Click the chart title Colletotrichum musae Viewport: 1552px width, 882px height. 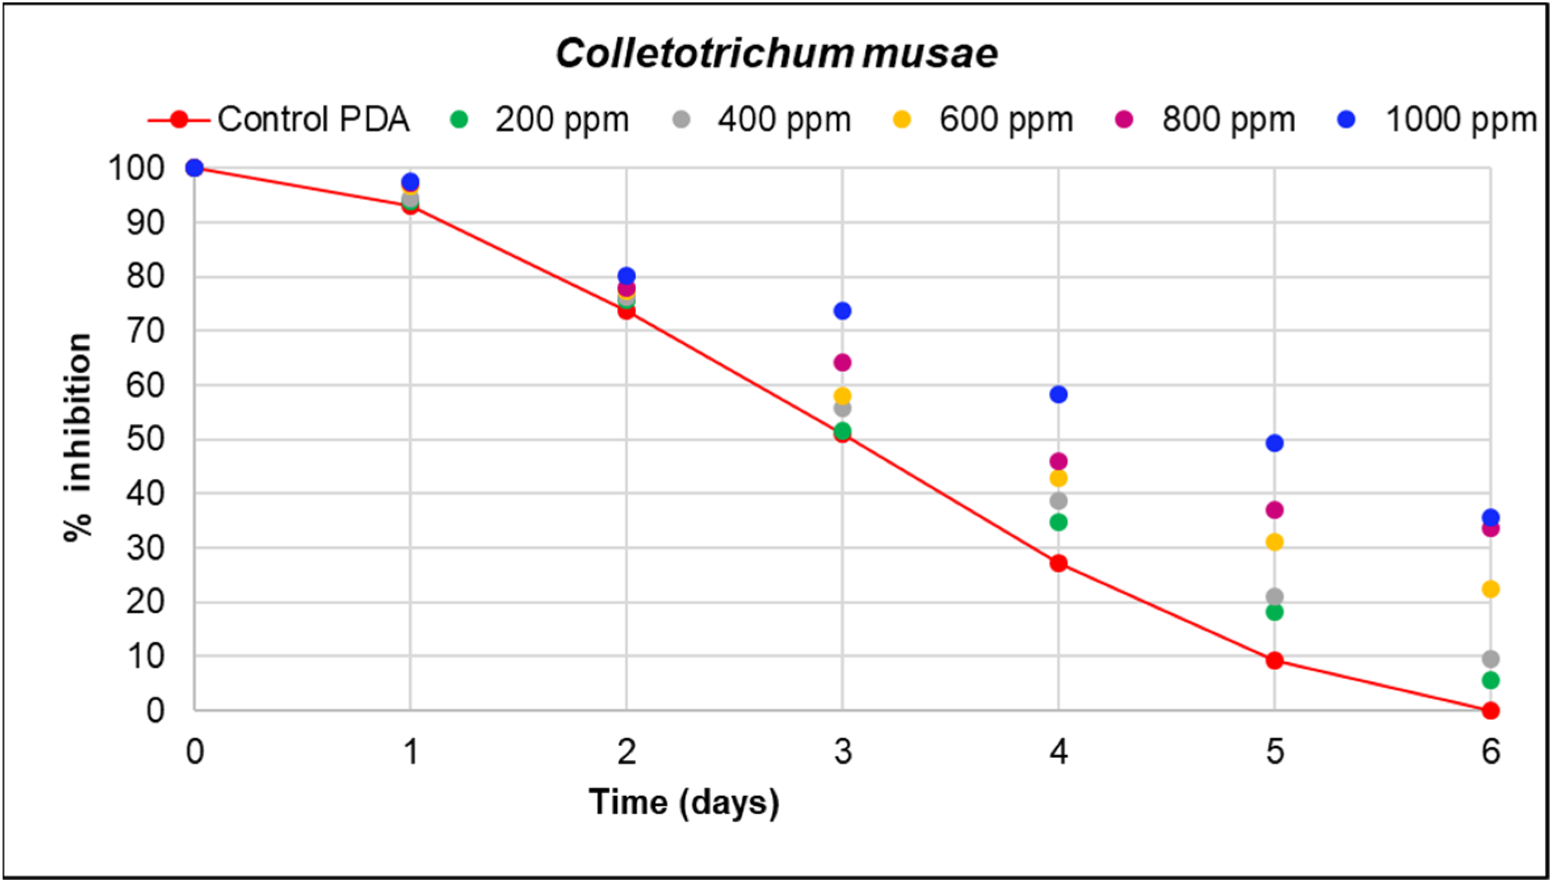pyautogui.click(x=777, y=54)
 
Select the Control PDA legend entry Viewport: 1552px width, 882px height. pyautogui.click(x=279, y=119)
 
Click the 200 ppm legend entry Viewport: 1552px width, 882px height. pyautogui.click(x=539, y=119)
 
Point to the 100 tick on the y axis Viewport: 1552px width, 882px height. pyautogui.click(x=136, y=168)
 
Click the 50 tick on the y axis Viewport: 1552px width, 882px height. pyautogui.click(x=146, y=439)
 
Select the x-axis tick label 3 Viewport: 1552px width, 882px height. pyautogui.click(x=842, y=753)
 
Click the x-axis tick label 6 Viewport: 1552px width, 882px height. pyautogui.click(x=1491, y=753)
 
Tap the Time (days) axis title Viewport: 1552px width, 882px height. pyautogui.click(x=683, y=803)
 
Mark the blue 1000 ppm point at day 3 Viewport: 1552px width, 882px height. pyautogui.click(x=842, y=311)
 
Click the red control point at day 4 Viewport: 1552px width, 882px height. pyautogui.click(x=1058, y=563)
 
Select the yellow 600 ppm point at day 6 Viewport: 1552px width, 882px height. pyautogui.click(x=1491, y=589)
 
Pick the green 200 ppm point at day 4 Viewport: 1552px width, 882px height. pyautogui.click(x=1058, y=522)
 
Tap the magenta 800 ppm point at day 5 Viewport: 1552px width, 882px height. pyautogui.click(x=1275, y=510)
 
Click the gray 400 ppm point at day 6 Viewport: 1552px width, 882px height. pyautogui.click(x=1491, y=658)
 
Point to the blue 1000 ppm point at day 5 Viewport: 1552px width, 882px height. pyautogui.click(x=1275, y=443)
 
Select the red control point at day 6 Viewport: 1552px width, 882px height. pyautogui.click(x=1491, y=711)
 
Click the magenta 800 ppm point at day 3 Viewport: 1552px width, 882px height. pyautogui.click(x=842, y=363)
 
